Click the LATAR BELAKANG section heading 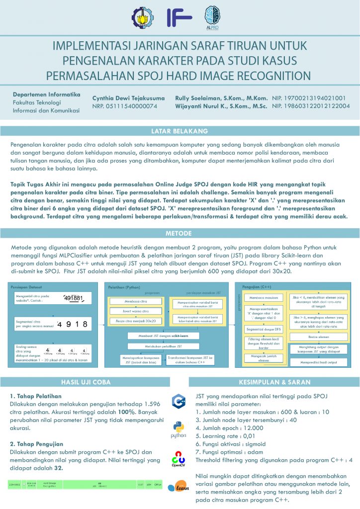tap(180, 131)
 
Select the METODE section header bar tap(180, 233)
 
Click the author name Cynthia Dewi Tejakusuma tap(128, 98)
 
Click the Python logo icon tap(178, 428)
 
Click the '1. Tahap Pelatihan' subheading tap(36, 396)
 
